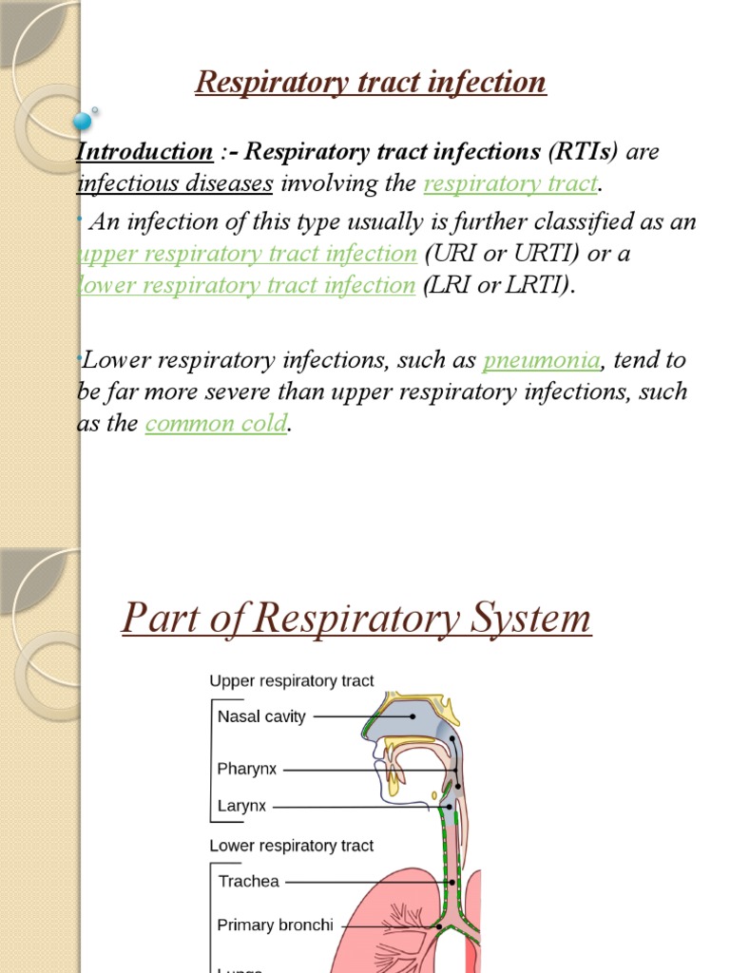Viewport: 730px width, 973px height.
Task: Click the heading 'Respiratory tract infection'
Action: (x=371, y=83)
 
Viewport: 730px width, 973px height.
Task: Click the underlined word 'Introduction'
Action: (x=144, y=152)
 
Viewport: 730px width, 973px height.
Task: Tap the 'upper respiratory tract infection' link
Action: (x=247, y=254)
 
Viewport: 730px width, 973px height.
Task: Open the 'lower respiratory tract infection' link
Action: (x=246, y=285)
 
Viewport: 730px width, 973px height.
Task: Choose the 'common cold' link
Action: (x=216, y=424)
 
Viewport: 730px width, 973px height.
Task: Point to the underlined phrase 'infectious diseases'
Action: (x=175, y=183)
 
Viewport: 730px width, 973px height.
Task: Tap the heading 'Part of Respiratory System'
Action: (x=356, y=620)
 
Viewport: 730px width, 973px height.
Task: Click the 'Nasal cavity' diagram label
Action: (x=261, y=716)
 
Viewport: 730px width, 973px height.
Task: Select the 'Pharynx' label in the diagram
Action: (x=246, y=769)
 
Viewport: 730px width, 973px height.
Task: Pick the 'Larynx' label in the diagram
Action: (x=242, y=806)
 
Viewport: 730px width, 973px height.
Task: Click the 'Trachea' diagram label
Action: (x=249, y=881)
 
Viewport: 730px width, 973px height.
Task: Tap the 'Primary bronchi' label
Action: (x=275, y=925)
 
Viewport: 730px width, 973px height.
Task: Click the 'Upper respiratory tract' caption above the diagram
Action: (x=291, y=680)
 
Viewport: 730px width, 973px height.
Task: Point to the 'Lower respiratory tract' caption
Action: (x=291, y=845)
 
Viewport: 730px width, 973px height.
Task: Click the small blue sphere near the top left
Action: (x=83, y=121)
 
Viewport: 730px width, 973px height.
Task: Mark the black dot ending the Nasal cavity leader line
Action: (x=413, y=716)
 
